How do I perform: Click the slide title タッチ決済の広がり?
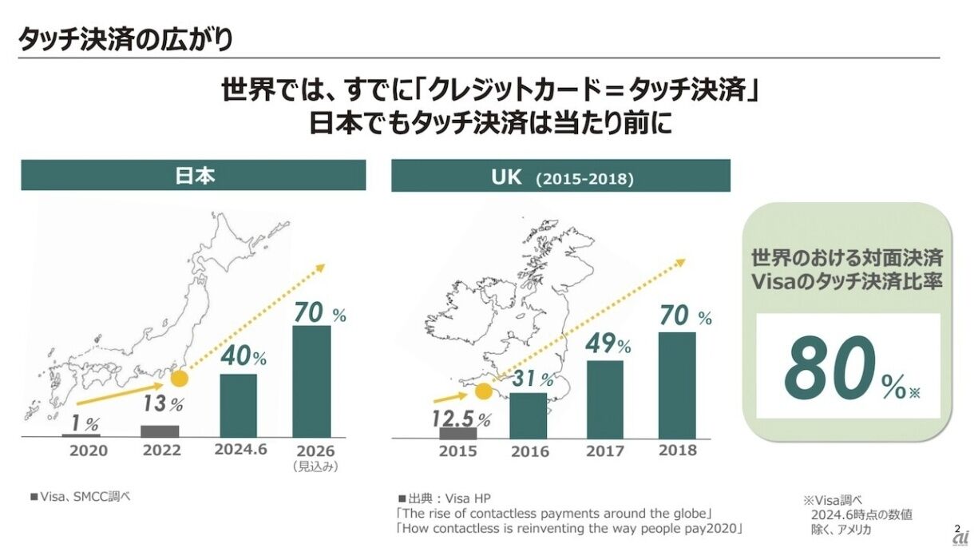(125, 38)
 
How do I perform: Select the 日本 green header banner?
(193, 175)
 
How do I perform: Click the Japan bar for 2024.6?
(238, 405)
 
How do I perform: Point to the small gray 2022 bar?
(160, 431)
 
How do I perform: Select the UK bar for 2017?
(605, 399)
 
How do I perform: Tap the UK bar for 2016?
(529, 415)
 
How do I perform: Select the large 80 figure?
(830, 369)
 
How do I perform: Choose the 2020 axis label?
(88, 451)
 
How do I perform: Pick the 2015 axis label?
(457, 451)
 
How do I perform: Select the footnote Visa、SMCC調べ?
(80, 497)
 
